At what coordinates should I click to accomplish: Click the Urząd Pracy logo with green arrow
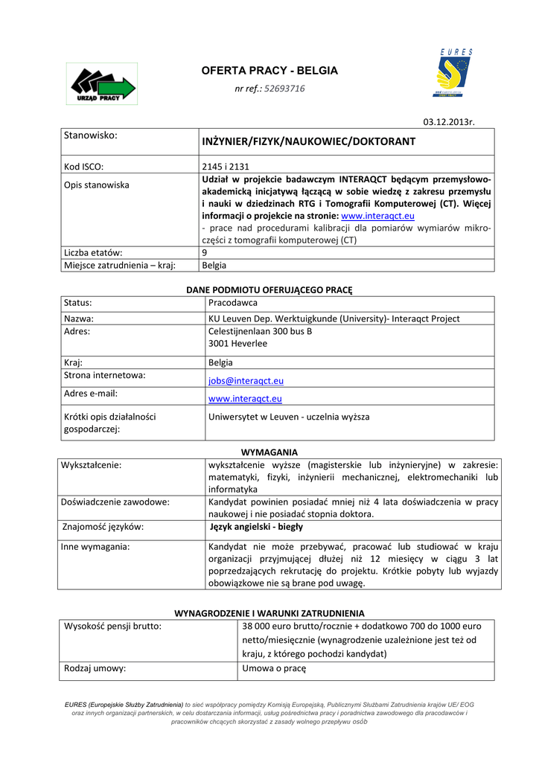coord(101,84)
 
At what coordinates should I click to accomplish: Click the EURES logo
coord(454,73)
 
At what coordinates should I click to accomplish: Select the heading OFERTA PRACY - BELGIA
coord(269,71)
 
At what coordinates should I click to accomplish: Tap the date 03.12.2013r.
coord(449,121)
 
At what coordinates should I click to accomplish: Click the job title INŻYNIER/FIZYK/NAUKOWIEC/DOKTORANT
coord(308,141)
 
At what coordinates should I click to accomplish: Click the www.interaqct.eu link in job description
coord(377,216)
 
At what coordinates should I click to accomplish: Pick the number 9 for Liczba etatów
coord(205,253)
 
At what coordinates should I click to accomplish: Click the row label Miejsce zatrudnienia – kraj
coord(119,265)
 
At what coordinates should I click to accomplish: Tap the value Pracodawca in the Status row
coord(233,303)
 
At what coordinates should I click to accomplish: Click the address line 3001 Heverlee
coord(237,344)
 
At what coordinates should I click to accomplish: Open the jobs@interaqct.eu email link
coord(246,380)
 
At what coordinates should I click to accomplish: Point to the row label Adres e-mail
coord(92,394)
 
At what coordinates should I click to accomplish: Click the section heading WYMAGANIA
coord(269,452)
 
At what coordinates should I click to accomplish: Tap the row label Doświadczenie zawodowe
coord(115,502)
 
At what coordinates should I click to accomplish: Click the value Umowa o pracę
coord(274,668)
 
